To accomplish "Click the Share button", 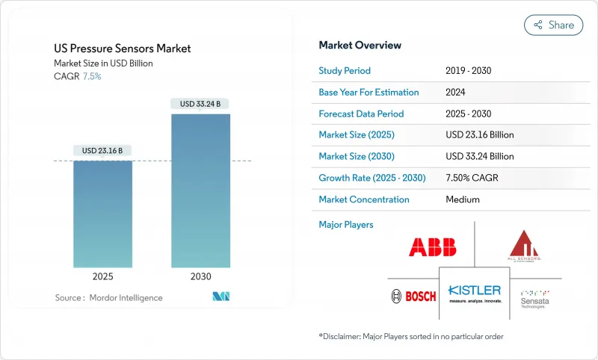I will tap(553, 25).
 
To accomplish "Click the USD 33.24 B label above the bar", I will tap(200, 104).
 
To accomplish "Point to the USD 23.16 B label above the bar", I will tap(102, 150).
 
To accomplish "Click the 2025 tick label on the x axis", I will tap(102, 276).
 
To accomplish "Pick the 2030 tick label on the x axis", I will tap(200, 276).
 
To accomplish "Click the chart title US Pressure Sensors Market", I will tap(123, 49).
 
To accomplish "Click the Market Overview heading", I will tap(360, 45).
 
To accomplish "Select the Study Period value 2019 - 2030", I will tap(467, 71).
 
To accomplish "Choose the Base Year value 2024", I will tap(456, 92).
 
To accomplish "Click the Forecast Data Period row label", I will tap(361, 114).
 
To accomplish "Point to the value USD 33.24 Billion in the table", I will tap(479, 156).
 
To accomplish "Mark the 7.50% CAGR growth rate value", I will tap(472, 178).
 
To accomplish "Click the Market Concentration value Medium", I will tap(462, 199).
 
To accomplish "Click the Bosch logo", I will tap(413, 297).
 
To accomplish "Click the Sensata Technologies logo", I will tap(535, 296).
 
